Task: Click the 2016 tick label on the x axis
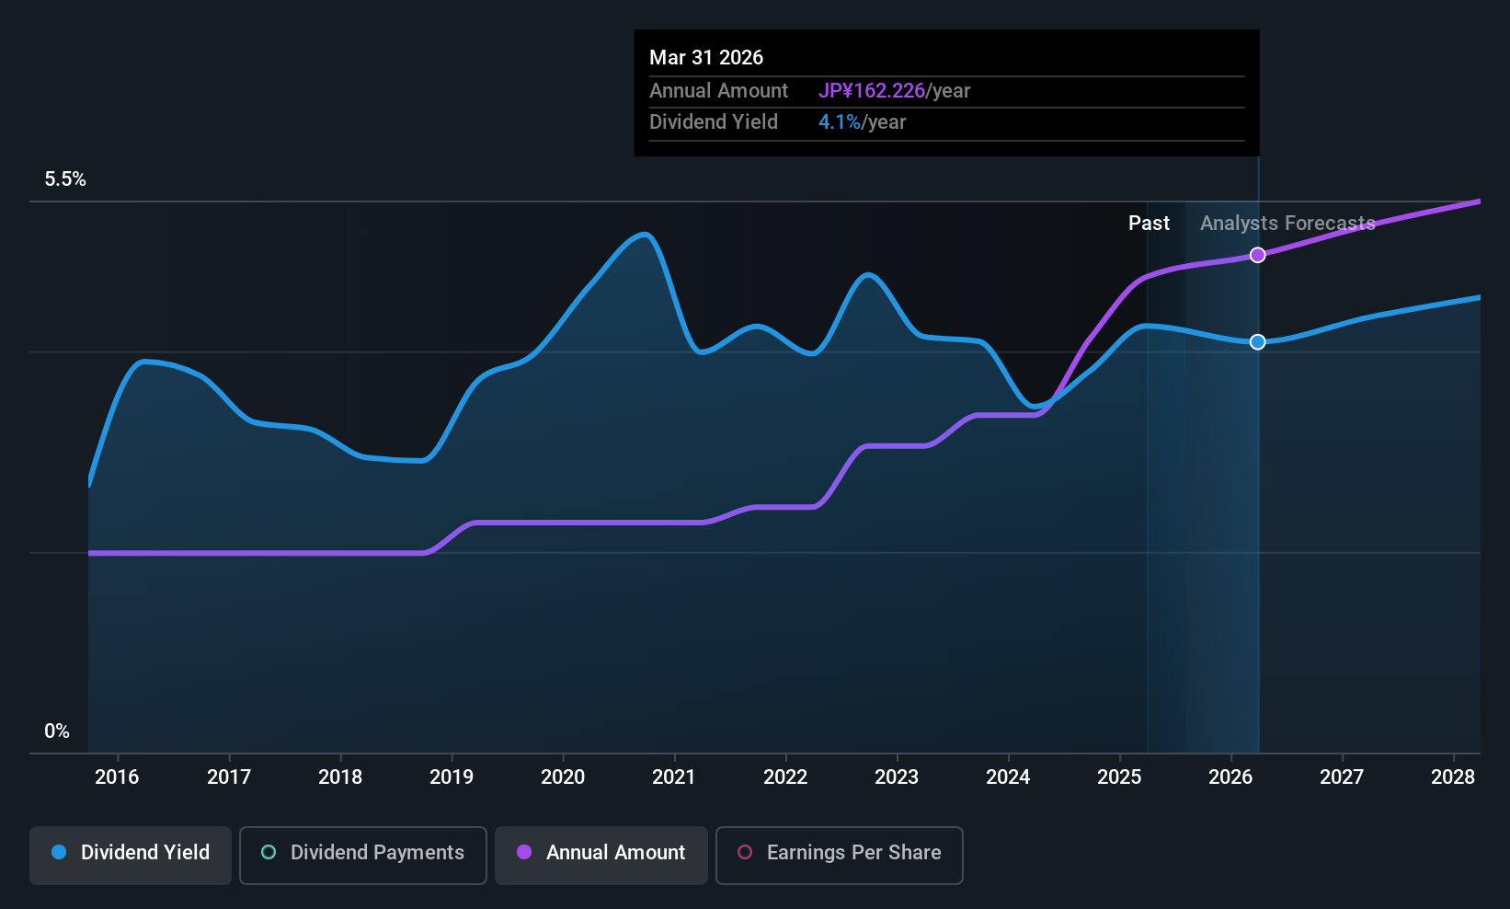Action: click(117, 777)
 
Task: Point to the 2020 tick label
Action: click(563, 777)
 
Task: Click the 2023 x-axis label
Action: click(897, 777)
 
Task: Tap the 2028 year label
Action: click(1453, 777)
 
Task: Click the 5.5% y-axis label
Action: click(65, 179)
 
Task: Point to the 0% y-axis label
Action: click(57, 731)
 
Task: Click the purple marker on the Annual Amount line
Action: click(1257, 255)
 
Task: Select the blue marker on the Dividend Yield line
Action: click(1257, 342)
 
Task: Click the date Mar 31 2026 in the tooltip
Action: click(706, 58)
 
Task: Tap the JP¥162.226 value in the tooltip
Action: click(871, 91)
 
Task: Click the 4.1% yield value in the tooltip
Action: click(839, 122)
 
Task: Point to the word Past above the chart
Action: click(1149, 224)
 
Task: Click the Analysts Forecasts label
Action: click(1287, 224)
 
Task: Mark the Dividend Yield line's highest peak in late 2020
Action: click(646, 235)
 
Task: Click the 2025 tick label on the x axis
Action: click(1119, 777)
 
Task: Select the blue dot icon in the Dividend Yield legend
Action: click(59, 853)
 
